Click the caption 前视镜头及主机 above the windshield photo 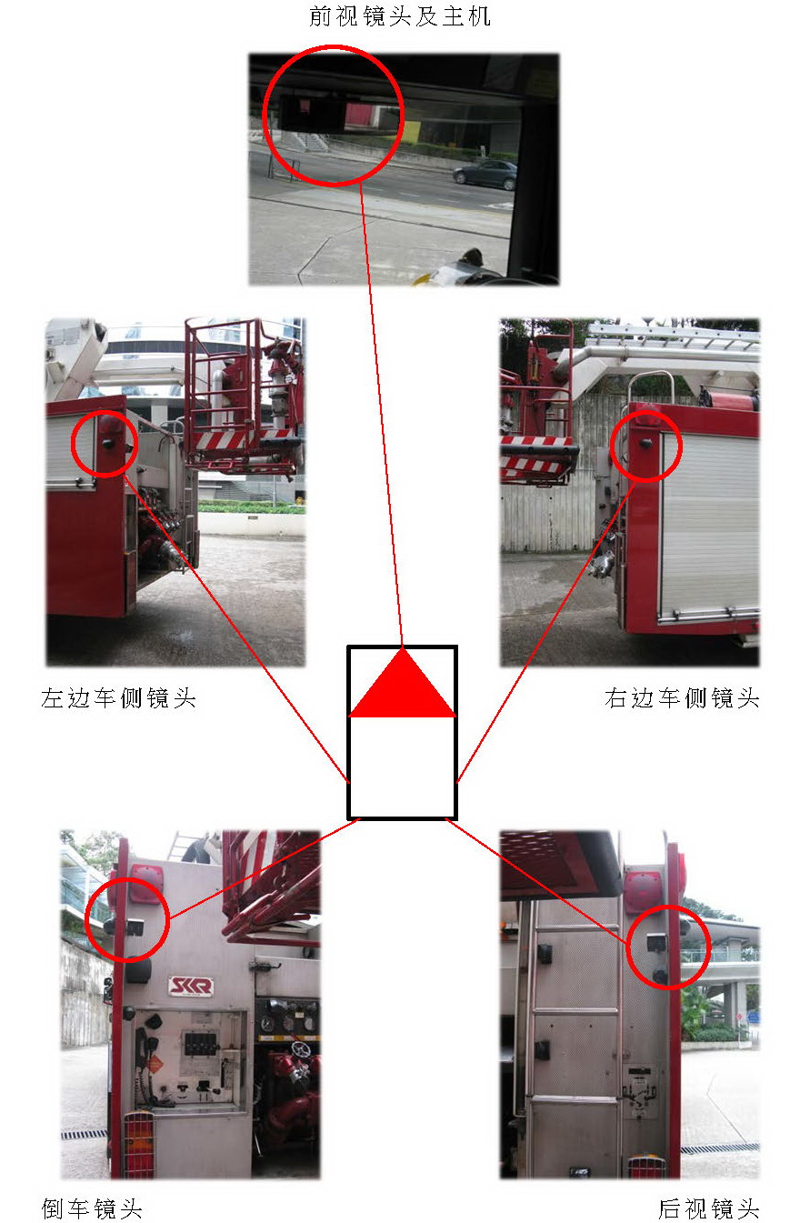pos(400,16)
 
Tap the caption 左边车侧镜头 pos(118,697)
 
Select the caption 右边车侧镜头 pos(682,697)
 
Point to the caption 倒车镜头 pos(92,1208)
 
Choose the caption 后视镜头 pos(709,1208)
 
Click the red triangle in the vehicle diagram pos(403,683)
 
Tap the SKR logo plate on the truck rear pos(191,986)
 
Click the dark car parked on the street pos(485,175)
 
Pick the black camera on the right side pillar pos(645,443)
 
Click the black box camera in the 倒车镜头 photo pos(135,927)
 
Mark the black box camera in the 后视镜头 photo pos(656,942)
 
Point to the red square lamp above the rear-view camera pos(643,892)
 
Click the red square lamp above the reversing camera pos(146,884)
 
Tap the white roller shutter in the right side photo pos(709,521)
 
